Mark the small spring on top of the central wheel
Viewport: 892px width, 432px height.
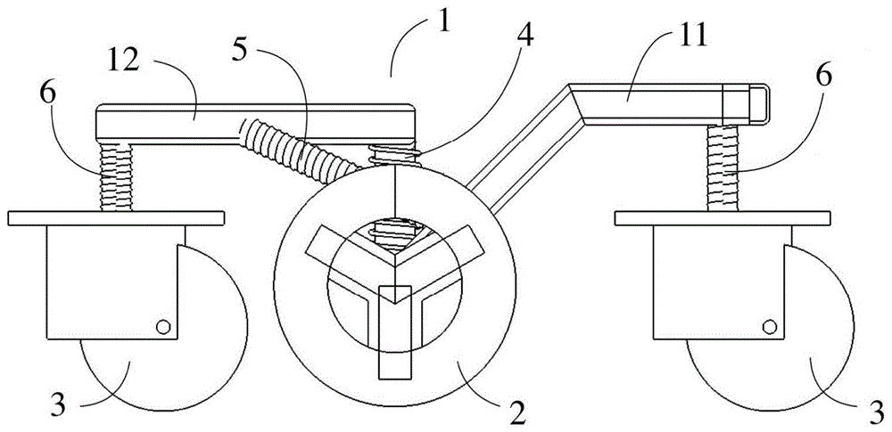pos(395,155)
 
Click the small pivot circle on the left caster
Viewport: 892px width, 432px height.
pos(164,327)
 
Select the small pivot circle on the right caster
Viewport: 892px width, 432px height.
pos(770,327)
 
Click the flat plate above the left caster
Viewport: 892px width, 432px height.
pos(116,218)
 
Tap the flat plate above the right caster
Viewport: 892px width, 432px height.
pos(722,218)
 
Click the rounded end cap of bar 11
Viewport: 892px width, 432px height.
pos(757,103)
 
